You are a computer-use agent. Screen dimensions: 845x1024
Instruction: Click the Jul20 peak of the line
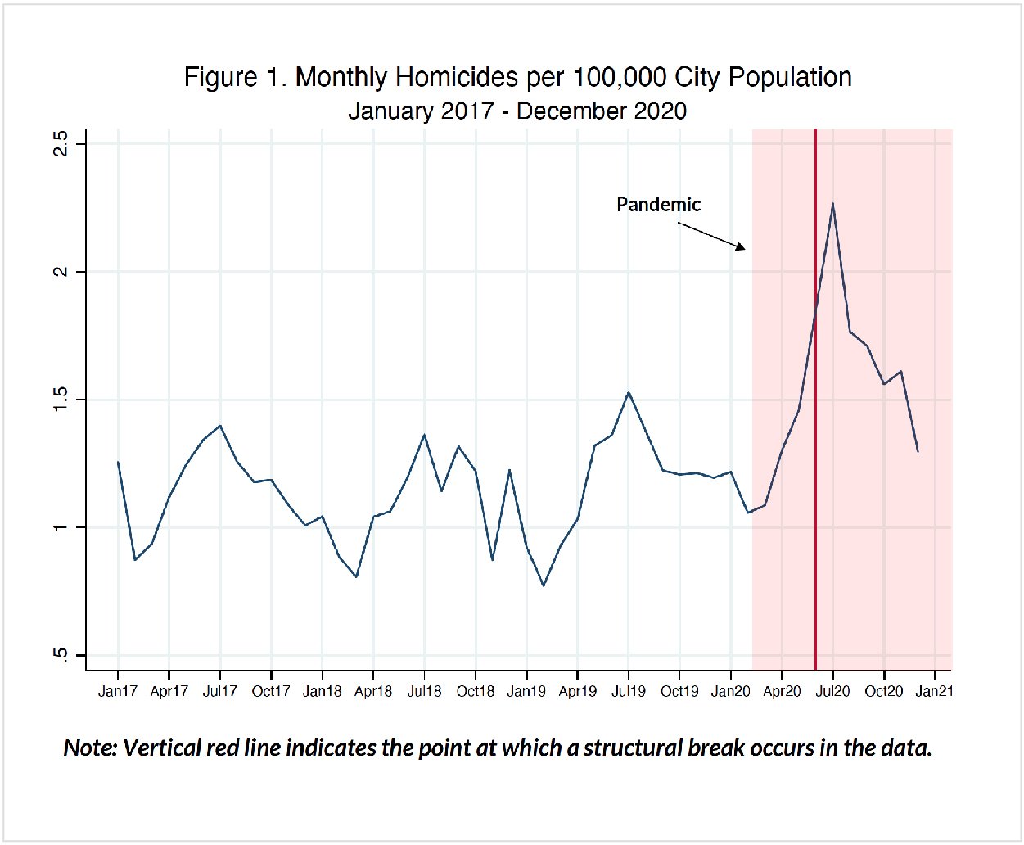832,203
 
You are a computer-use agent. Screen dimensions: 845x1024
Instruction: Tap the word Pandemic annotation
658,205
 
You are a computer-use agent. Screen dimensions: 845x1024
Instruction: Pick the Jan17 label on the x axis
118,691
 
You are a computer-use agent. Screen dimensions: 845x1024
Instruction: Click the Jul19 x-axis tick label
629,691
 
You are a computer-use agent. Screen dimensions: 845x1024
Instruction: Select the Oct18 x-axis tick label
476,691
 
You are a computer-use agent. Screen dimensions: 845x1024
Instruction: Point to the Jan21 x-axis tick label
934,691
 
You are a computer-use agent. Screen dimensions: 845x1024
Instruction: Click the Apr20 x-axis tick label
782,691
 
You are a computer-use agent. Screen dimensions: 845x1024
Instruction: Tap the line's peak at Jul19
629,392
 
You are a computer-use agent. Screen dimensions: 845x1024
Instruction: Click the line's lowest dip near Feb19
544,585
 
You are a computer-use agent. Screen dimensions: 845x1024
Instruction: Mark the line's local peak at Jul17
220,426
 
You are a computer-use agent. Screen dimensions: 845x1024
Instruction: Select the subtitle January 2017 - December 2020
517,111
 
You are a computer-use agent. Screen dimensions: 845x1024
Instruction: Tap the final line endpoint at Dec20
918,451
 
